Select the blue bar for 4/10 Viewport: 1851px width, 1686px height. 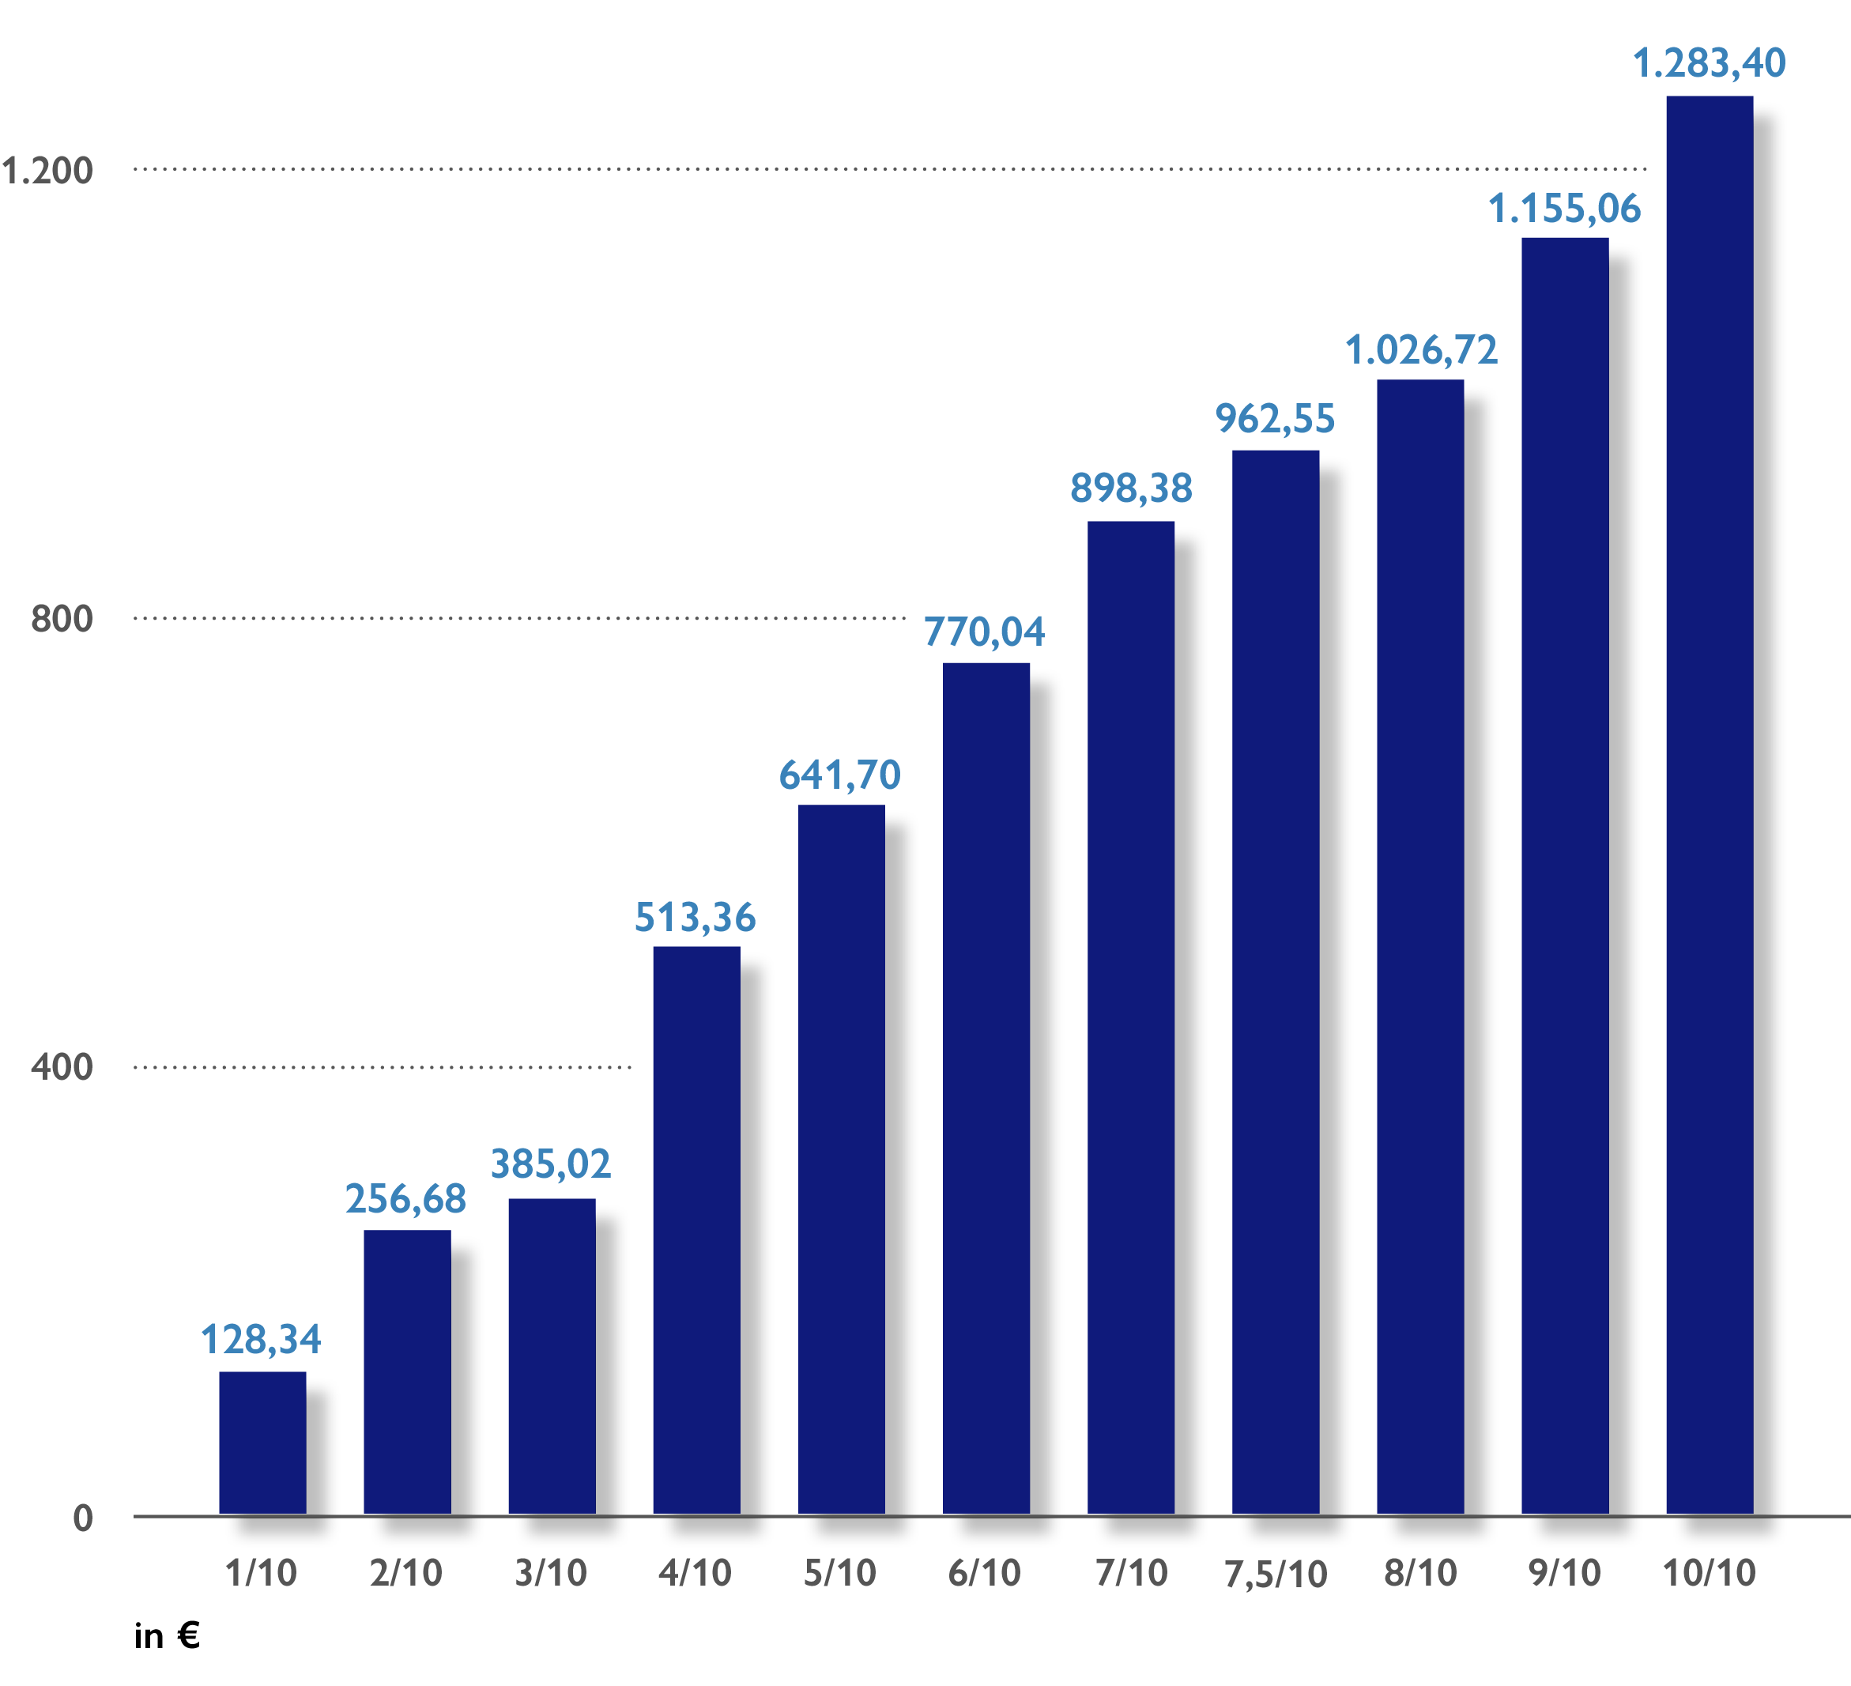(x=697, y=1230)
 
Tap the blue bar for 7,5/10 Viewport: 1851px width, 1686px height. (x=1276, y=982)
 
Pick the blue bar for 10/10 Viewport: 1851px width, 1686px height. (x=1710, y=805)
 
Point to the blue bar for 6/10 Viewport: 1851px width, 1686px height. (x=986, y=1088)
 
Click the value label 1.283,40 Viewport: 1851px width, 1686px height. (x=1709, y=63)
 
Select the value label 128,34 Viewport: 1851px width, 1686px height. (x=261, y=1340)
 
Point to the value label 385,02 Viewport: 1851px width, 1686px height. (x=550, y=1164)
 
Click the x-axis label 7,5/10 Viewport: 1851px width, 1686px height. (x=1276, y=1575)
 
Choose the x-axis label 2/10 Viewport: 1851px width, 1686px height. (x=405, y=1573)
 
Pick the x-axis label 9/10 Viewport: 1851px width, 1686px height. (x=1565, y=1573)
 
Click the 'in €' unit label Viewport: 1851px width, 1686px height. (x=167, y=1635)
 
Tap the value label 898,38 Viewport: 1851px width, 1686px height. (x=1131, y=488)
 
